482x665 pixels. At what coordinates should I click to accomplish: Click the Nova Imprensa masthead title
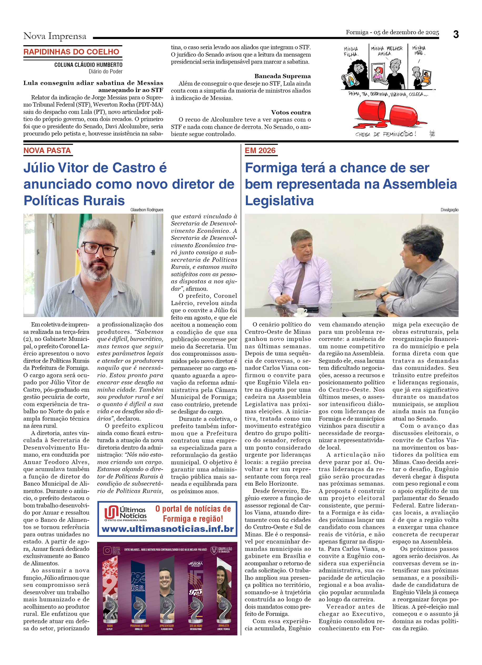point(55,36)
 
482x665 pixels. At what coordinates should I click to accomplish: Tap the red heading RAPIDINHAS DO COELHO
point(71,52)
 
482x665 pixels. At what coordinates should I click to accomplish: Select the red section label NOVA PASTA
point(47,150)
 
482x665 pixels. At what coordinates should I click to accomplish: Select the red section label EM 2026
point(260,150)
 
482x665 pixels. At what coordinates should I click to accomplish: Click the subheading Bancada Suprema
point(282,76)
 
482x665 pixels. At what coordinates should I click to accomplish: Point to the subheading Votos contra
point(290,112)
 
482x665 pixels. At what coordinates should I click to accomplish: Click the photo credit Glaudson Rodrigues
point(147,210)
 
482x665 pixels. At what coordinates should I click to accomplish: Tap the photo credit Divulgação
point(449,210)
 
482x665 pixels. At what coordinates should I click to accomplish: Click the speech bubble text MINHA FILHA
point(351,52)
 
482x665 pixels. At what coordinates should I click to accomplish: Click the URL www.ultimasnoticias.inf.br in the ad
point(167,529)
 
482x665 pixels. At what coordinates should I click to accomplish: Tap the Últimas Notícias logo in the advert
point(126,513)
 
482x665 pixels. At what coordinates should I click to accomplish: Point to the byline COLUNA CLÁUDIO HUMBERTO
point(88,65)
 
